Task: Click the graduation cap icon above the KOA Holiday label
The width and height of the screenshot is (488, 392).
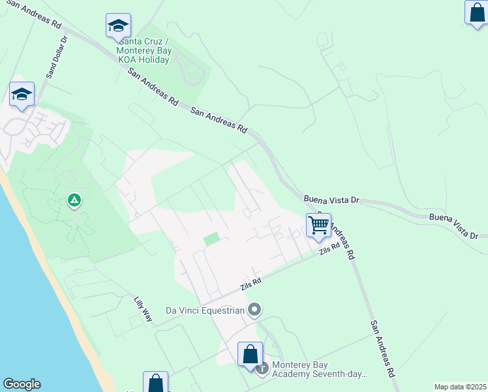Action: (x=118, y=26)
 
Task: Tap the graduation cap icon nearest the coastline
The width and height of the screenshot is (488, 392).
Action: (x=22, y=94)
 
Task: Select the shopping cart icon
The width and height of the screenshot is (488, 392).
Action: (x=318, y=226)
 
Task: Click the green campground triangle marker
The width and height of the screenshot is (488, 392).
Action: (x=75, y=199)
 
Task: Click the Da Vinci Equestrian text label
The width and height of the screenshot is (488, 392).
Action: (x=205, y=310)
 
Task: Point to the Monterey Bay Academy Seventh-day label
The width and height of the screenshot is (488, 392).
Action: (x=319, y=370)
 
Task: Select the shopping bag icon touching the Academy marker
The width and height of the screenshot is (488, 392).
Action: (x=250, y=355)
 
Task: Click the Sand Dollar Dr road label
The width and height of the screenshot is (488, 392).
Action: (x=56, y=57)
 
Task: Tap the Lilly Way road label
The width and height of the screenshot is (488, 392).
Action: (x=143, y=310)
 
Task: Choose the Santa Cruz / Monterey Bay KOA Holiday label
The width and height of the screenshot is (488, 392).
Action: (x=143, y=50)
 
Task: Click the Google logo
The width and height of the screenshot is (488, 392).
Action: (x=22, y=384)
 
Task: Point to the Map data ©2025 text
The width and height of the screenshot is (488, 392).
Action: (x=460, y=387)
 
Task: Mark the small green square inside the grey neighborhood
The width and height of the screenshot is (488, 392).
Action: (x=211, y=240)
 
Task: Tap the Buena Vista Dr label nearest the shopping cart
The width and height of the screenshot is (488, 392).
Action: (x=331, y=198)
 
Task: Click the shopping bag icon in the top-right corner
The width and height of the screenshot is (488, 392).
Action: (x=477, y=13)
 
